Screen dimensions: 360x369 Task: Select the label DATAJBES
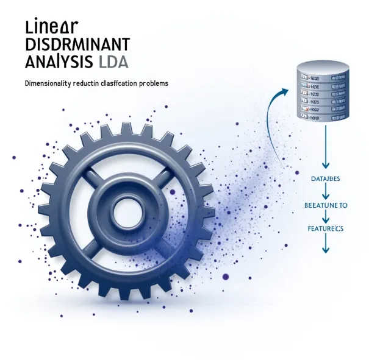324,178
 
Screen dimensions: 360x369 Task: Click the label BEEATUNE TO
325,206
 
